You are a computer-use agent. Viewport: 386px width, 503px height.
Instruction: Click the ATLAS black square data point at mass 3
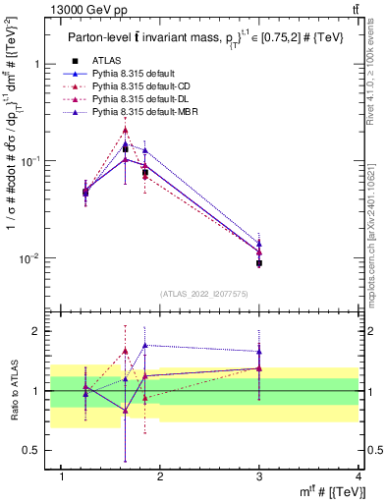[x=259, y=263]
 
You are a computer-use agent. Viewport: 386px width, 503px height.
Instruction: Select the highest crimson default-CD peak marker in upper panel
[x=125, y=130]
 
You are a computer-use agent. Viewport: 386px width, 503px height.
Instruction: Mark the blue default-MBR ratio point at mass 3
[x=259, y=351]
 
